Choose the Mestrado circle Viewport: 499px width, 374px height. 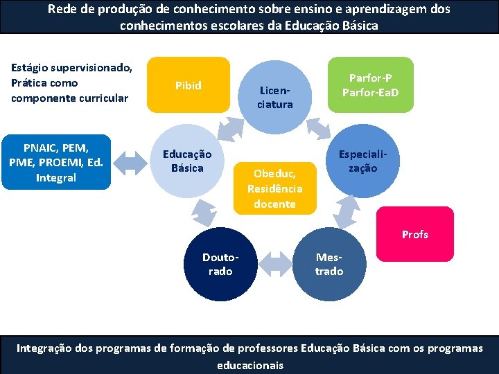[329, 264]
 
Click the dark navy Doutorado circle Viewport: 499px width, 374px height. [220, 264]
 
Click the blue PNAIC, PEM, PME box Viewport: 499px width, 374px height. [56, 162]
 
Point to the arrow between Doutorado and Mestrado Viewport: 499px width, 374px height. [274, 265]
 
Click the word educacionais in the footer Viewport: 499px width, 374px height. [250, 364]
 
